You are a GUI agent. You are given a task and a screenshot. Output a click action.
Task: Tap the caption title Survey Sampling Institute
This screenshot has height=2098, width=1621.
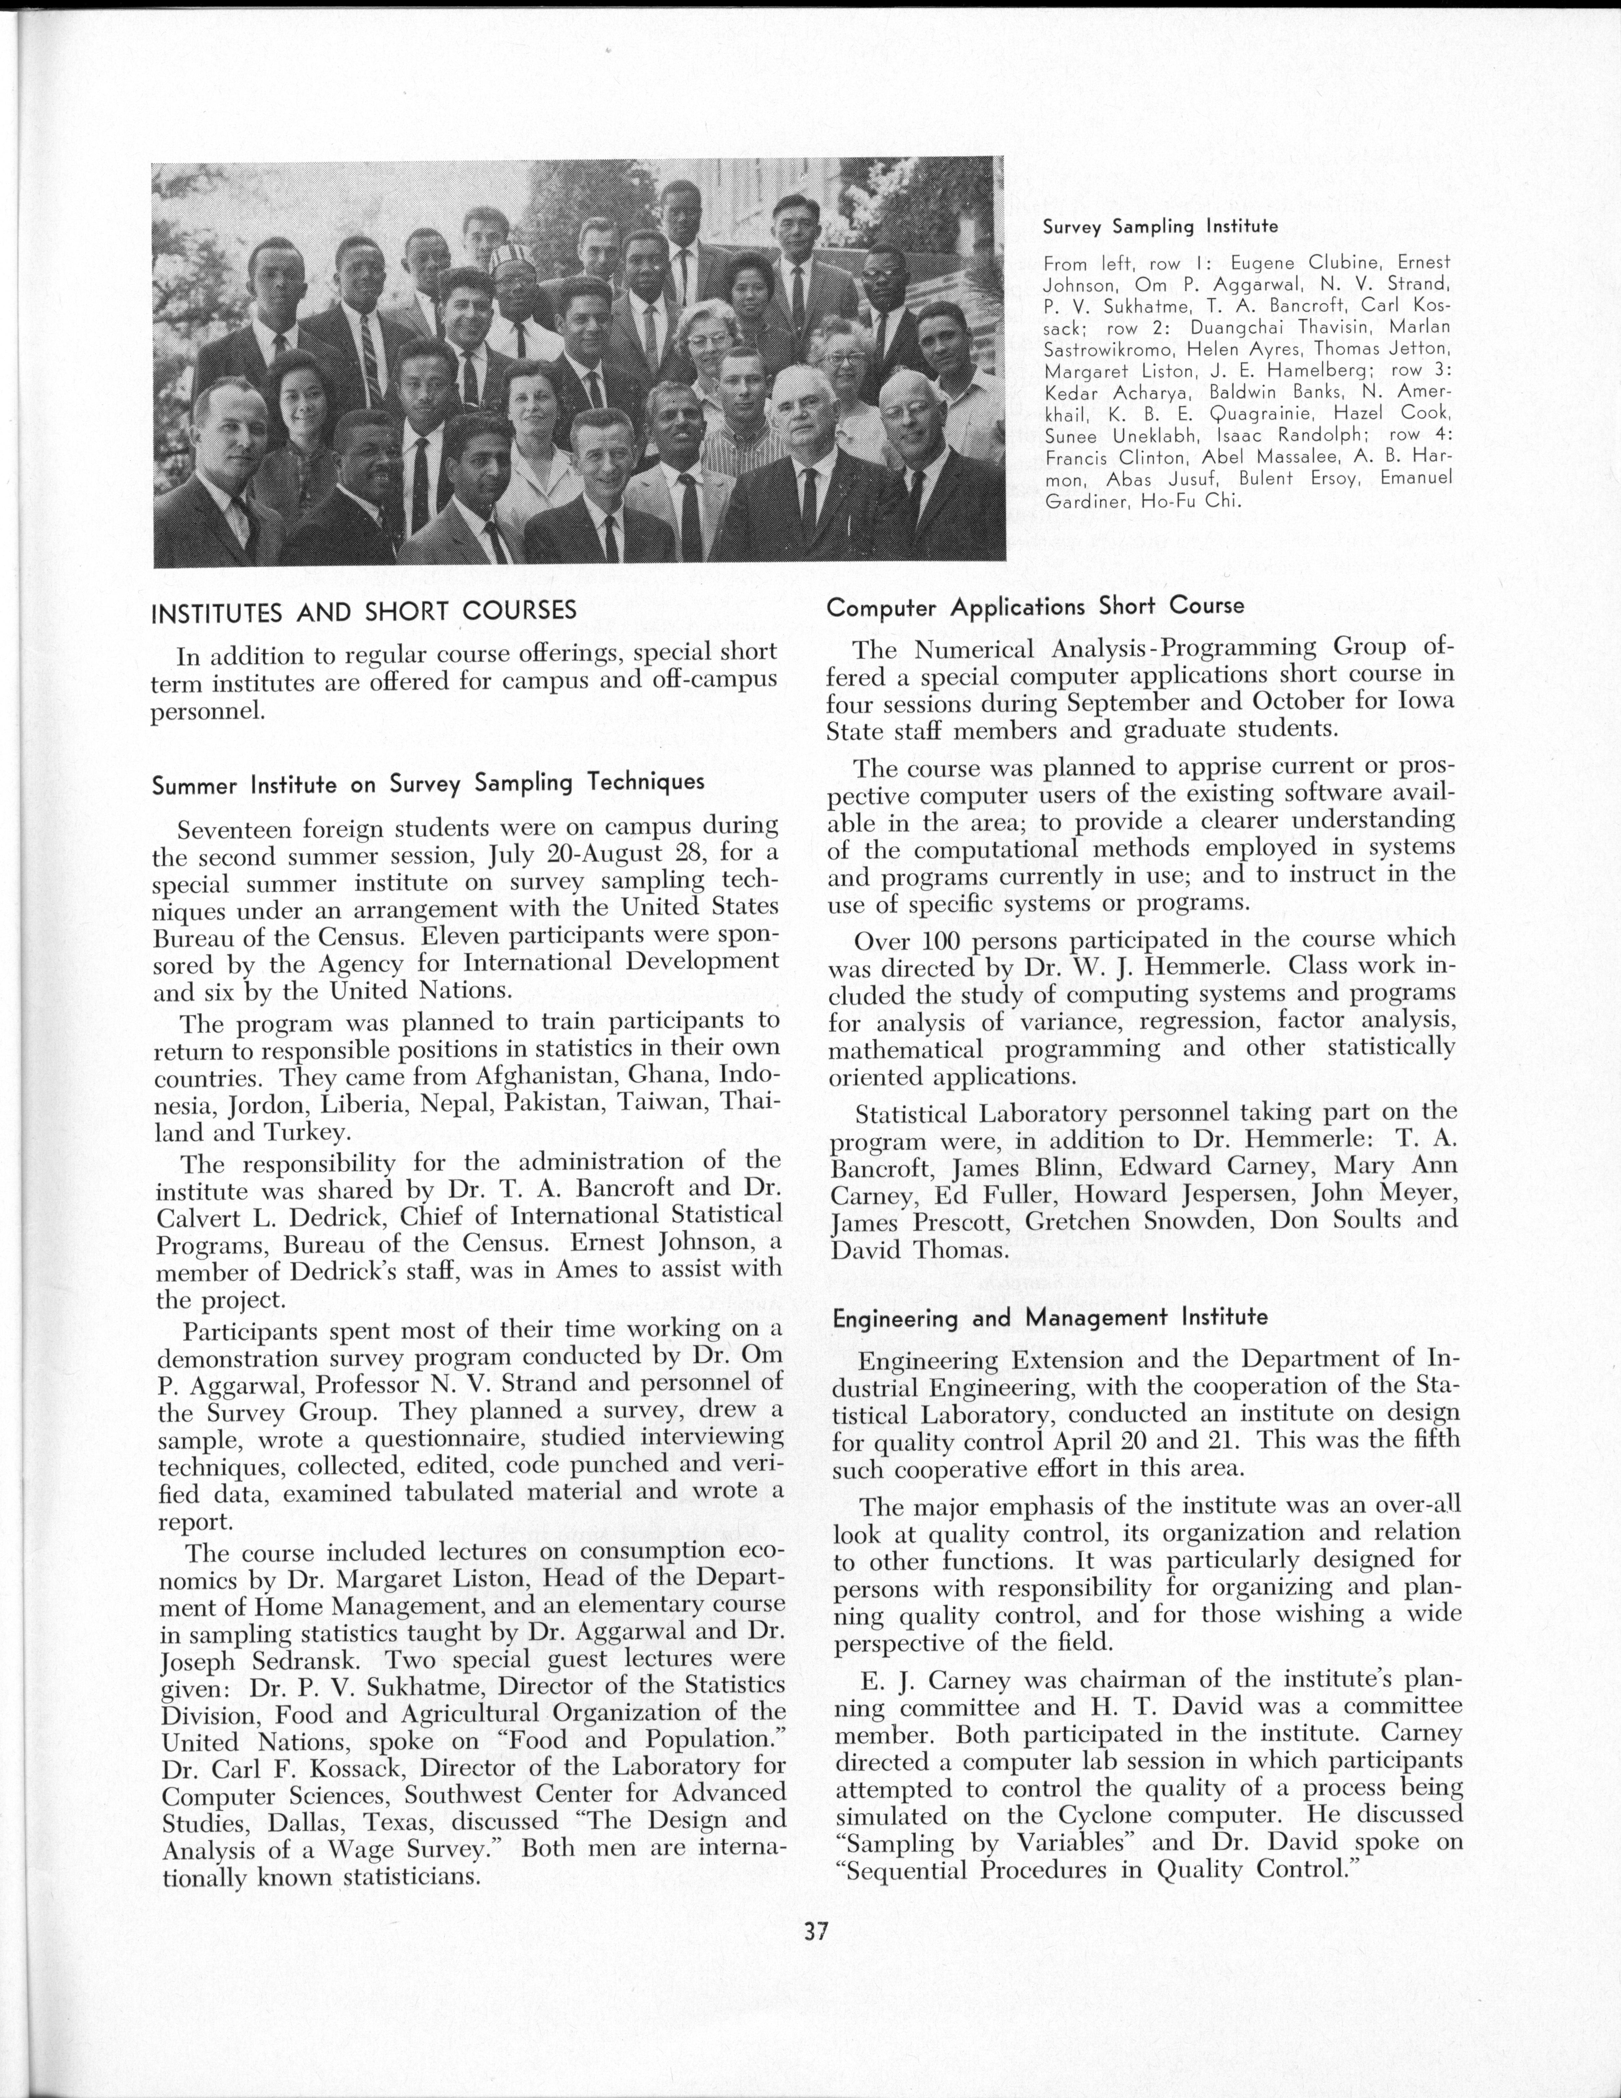(1160, 227)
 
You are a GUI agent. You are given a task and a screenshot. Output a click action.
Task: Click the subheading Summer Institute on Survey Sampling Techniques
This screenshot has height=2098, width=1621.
(428, 783)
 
